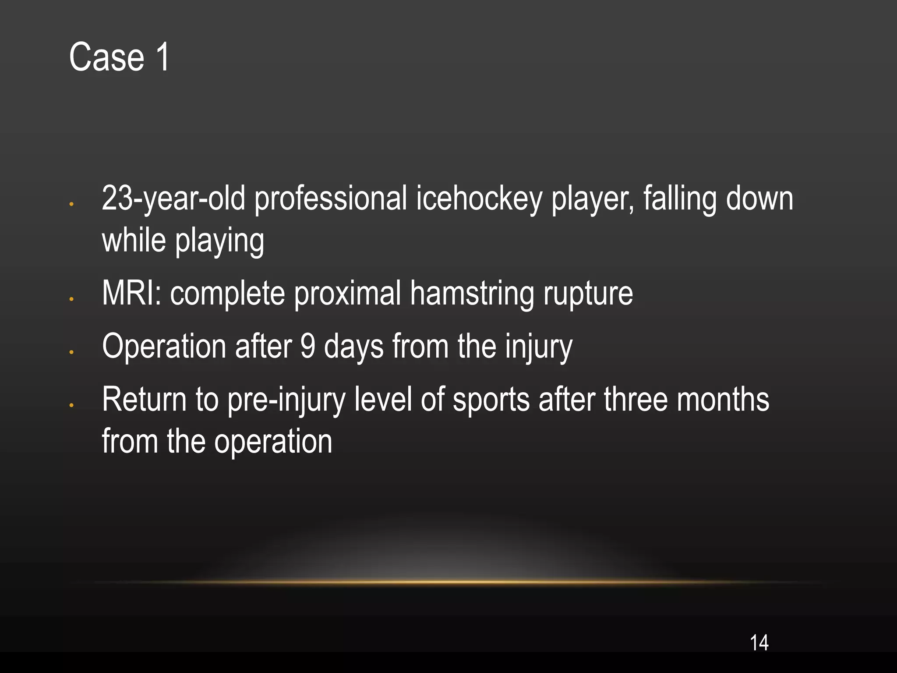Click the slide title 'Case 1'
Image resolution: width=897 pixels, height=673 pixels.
119,57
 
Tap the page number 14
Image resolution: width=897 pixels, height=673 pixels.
759,643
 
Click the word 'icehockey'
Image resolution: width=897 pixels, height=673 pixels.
479,199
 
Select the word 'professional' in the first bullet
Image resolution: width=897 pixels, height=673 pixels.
331,199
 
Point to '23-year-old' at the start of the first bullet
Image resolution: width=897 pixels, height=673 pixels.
173,199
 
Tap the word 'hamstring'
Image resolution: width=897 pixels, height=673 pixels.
472,293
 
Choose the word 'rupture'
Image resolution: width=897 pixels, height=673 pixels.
588,293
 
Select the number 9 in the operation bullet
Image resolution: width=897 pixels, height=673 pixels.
307,346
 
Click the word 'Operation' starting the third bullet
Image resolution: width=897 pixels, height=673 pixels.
164,346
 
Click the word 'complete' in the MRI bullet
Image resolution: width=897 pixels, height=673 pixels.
227,293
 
